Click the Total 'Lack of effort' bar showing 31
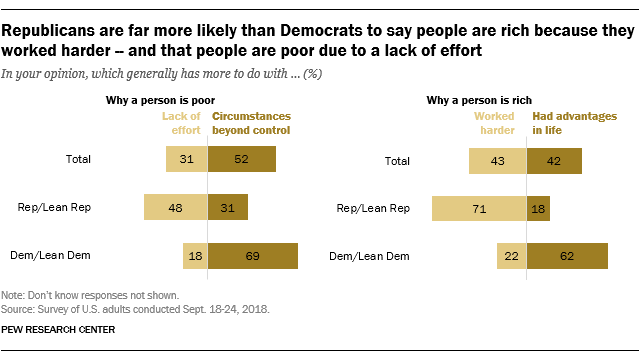187,159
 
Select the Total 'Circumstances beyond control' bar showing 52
242,159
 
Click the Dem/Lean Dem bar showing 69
253,257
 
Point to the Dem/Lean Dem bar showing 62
567,257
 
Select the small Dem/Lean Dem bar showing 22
511,257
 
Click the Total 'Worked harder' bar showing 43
498,159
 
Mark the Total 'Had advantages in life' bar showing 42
554,159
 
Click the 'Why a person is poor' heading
161,100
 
